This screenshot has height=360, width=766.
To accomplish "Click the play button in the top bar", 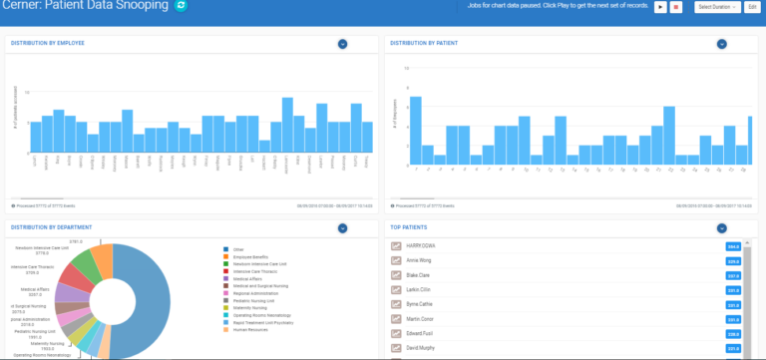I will pos(660,7).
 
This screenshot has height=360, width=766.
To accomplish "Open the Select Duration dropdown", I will pos(718,7).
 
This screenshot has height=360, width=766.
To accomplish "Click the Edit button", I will pos(753,7).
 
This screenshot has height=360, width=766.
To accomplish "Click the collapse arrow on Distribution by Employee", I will pos(342,44).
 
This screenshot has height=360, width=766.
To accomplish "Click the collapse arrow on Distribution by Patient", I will pos(722,44).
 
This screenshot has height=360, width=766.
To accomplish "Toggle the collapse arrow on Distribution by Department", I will pos(342,227).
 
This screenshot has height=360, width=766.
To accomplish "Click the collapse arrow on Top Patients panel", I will pos(722,227).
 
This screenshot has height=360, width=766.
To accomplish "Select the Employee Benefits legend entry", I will pos(254,256).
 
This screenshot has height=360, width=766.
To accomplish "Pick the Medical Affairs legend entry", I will pos(250,278).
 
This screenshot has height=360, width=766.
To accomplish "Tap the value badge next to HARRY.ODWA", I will pos(733,245).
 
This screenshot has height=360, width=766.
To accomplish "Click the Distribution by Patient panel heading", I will pos(420,44).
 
